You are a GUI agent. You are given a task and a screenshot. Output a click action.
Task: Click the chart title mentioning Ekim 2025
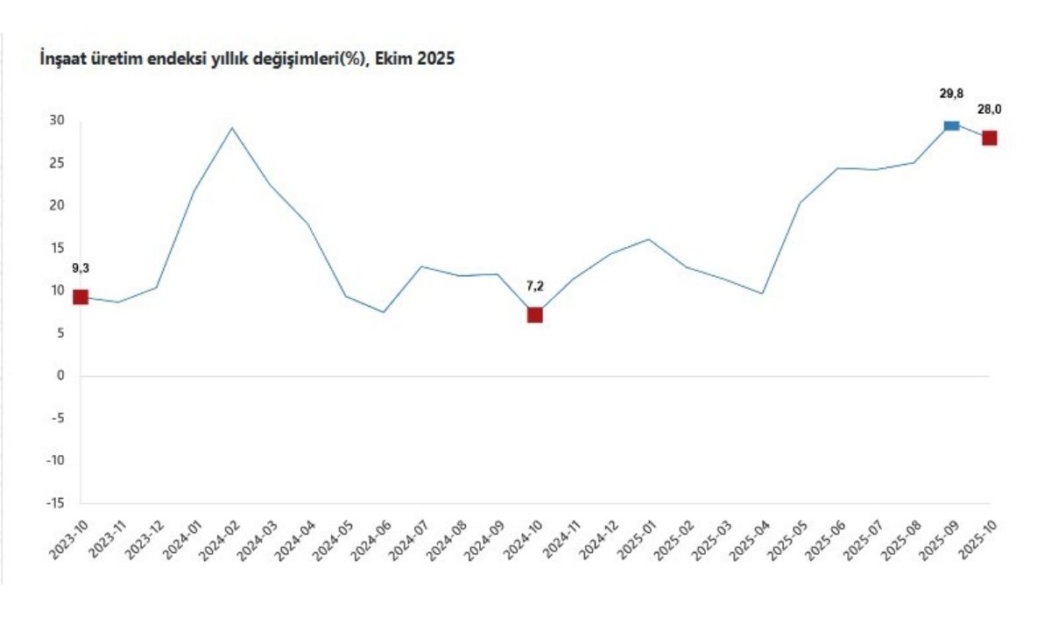pyautogui.click(x=248, y=60)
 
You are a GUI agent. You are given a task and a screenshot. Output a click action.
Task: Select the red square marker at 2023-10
pyautogui.click(x=81, y=297)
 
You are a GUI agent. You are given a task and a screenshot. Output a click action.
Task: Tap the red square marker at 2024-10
pyautogui.click(x=534, y=315)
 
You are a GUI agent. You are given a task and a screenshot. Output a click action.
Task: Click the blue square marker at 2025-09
pyautogui.click(x=951, y=126)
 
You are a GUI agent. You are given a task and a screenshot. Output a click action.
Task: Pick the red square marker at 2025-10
pyautogui.click(x=989, y=138)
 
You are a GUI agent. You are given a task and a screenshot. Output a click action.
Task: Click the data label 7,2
pyautogui.click(x=534, y=286)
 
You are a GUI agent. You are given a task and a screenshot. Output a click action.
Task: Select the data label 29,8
pyautogui.click(x=951, y=93)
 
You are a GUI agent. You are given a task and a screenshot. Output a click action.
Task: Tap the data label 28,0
pyautogui.click(x=990, y=110)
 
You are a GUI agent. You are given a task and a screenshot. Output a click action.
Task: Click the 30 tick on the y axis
pyautogui.click(x=58, y=120)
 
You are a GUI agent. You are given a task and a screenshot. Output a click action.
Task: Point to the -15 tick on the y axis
pyautogui.click(x=56, y=503)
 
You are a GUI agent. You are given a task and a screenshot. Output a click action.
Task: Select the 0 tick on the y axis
pyautogui.click(x=61, y=376)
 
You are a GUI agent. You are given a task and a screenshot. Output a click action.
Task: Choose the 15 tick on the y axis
pyautogui.click(x=58, y=248)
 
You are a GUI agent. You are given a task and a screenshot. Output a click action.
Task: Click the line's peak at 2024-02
pyautogui.click(x=232, y=128)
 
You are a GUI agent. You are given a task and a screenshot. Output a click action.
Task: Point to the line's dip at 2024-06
pyautogui.click(x=384, y=312)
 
